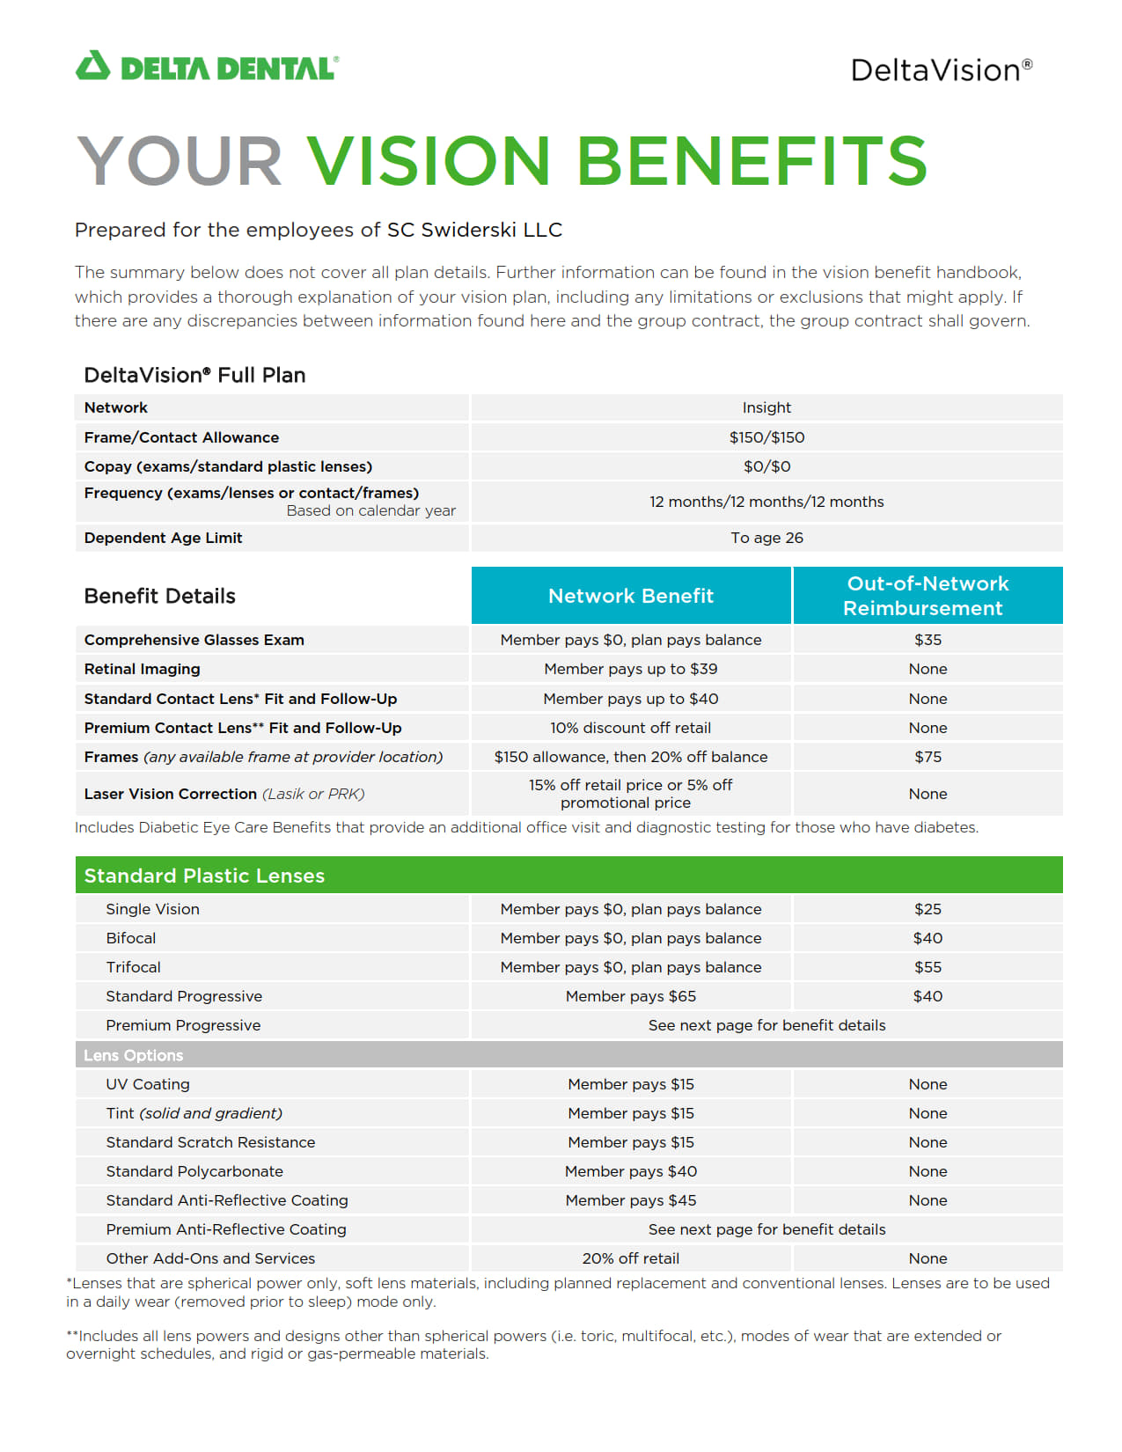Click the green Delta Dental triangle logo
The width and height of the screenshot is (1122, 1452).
(92, 67)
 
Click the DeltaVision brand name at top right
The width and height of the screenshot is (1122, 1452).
(940, 70)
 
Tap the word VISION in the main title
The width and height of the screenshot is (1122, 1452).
(428, 161)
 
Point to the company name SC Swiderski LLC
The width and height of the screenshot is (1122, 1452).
(474, 231)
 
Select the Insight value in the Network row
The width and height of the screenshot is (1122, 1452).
(766, 408)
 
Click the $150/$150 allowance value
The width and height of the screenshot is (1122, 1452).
(766, 437)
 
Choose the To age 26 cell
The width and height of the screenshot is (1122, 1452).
(766, 538)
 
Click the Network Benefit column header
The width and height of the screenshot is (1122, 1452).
(631, 596)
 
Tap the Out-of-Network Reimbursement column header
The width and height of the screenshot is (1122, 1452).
(927, 596)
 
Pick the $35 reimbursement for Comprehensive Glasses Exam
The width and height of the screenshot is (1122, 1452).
(928, 640)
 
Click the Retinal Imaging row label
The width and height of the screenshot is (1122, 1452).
(143, 669)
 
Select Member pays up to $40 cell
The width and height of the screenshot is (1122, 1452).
(631, 699)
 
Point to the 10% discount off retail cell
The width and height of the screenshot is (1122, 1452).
(631, 728)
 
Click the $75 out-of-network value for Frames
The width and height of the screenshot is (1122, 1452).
(928, 757)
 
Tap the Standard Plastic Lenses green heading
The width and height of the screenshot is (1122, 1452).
(204, 876)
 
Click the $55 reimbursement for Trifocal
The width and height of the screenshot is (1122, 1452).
(928, 967)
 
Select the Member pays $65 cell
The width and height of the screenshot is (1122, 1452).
(631, 996)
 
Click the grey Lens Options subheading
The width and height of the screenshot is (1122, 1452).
(134, 1055)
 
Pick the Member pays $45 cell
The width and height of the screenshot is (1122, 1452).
(631, 1200)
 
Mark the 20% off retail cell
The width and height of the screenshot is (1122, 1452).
(631, 1258)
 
